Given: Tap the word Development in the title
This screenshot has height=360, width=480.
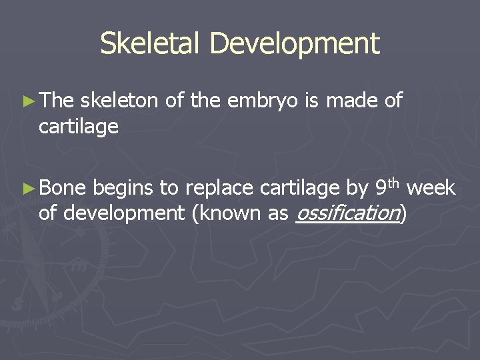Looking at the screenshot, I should pos(294,44).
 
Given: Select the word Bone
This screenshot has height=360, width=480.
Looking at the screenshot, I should pos(63,189).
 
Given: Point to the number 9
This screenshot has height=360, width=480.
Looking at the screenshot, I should pos(381,189).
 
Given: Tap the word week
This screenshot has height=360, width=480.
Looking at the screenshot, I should pos(431,189).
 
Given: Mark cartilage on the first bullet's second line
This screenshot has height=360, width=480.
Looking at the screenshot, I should pos(78,127).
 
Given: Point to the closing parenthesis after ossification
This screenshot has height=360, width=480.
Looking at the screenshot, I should pos(403,214).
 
